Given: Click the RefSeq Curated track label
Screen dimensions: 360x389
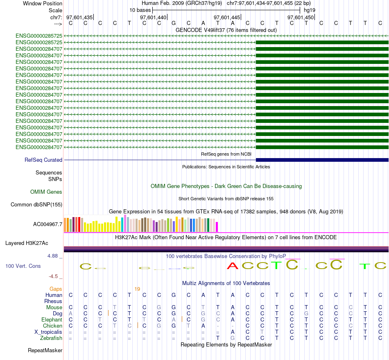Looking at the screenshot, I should [x=43, y=160].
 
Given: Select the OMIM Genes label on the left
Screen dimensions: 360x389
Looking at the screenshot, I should [x=46, y=192].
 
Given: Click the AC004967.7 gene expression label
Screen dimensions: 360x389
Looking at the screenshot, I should [x=47, y=224].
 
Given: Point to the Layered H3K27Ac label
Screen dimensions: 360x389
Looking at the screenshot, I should [x=34, y=243].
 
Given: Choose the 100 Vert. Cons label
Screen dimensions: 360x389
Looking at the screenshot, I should [x=23, y=266].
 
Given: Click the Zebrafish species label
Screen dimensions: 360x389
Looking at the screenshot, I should [x=51, y=338].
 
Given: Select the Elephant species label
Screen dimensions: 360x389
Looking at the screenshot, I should [x=52, y=319].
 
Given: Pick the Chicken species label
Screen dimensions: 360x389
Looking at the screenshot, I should [x=52, y=326].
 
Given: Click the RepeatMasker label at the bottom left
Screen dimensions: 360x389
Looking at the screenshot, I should [x=45, y=350].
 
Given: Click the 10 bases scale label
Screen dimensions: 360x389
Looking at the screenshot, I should [x=140, y=10].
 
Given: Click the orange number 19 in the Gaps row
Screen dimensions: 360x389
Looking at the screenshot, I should [x=137, y=289].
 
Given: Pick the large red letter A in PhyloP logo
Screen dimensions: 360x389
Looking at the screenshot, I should [x=233, y=266].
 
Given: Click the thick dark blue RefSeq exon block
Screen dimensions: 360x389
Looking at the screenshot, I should [x=322, y=160].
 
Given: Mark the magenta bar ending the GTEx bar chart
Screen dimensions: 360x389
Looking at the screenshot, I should [x=217, y=226].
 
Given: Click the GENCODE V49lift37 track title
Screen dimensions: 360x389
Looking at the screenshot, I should [x=226, y=30].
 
